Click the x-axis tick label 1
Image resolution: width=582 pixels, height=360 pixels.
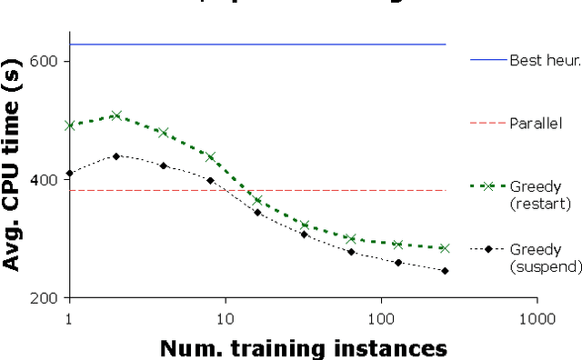pos(69,318)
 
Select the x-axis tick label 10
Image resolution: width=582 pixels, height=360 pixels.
pos(225,318)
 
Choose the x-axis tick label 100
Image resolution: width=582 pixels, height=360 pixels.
pos(381,318)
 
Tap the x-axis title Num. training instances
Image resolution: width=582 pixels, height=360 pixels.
pos(304,347)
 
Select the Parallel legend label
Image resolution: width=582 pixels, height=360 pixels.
pos(536,123)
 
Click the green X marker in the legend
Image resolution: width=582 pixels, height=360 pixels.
pos(488,186)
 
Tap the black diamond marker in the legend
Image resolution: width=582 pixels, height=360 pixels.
pos(488,248)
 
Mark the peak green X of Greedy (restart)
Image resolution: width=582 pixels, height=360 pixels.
pos(116,115)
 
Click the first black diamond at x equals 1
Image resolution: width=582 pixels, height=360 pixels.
pos(69,173)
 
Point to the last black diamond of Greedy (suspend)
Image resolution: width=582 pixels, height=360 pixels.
pos(445,270)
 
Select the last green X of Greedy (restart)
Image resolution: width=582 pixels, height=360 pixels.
pos(445,247)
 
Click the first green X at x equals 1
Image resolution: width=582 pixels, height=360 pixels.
pos(69,125)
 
